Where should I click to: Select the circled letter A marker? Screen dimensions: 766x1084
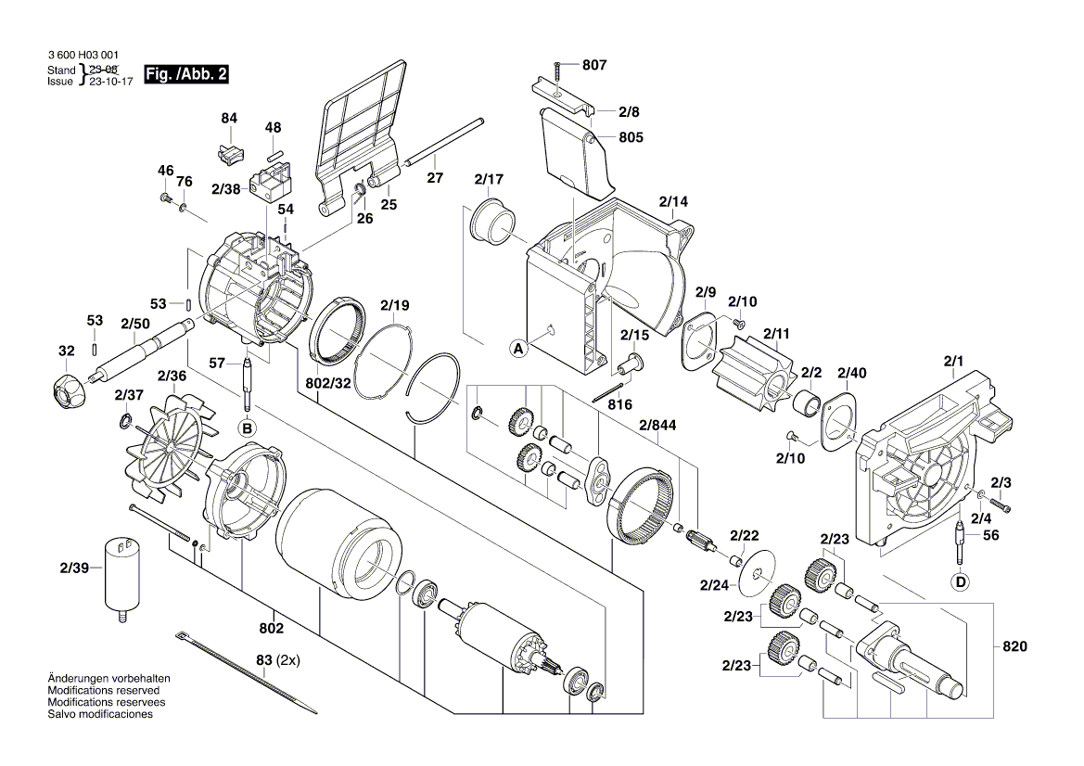(518, 349)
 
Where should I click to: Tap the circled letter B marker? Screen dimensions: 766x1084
(247, 428)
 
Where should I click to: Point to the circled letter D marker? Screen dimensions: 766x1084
(961, 581)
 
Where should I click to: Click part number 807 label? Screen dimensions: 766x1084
(594, 66)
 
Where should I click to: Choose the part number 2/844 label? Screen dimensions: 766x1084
(657, 426)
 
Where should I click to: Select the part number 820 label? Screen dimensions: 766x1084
(1015, 646)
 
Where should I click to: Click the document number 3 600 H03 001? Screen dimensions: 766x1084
(81, 57)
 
